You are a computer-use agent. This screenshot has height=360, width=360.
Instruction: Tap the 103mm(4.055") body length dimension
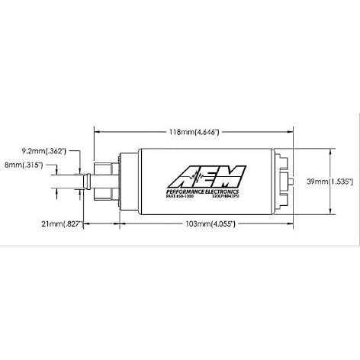point(201,226)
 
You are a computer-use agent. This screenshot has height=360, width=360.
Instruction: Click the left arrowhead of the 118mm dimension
point(96,132)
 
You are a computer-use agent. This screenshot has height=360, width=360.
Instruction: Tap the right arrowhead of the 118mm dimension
point(291,132)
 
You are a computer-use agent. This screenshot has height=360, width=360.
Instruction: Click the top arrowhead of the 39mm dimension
point(330,152)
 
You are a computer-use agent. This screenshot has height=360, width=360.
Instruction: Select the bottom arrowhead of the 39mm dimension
point(330,214)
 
